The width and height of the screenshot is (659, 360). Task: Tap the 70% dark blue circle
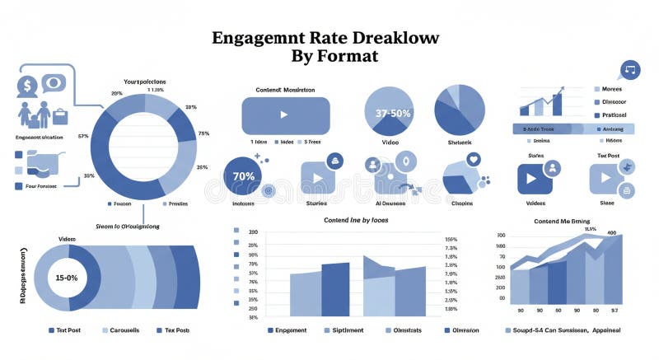point(244,175)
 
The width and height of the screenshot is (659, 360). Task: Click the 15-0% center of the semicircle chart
point(66,278)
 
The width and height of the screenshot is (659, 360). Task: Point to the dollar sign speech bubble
point(27,84)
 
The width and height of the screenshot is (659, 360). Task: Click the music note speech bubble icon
point(631,69)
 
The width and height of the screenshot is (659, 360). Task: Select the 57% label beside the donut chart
point(83,136)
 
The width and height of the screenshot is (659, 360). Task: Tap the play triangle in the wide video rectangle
point(285,115)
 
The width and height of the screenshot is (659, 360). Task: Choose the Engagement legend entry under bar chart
point(291,330)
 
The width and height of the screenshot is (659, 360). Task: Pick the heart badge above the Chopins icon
point(473,159)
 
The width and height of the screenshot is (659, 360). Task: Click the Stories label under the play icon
point(316,202)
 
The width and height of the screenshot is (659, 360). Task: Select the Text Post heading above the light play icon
point(608,155)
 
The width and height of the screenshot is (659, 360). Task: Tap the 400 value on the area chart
point(611,233)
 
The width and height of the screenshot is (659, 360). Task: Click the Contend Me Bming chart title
point(562,222)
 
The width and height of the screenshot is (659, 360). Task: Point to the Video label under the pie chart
point(390,142)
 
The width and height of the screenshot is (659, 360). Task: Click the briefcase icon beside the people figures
point(59,113)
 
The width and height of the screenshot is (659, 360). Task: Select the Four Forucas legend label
point(35,186)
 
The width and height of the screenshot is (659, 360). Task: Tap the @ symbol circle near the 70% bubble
point(267,191)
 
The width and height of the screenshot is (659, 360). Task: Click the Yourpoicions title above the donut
point(144,82)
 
